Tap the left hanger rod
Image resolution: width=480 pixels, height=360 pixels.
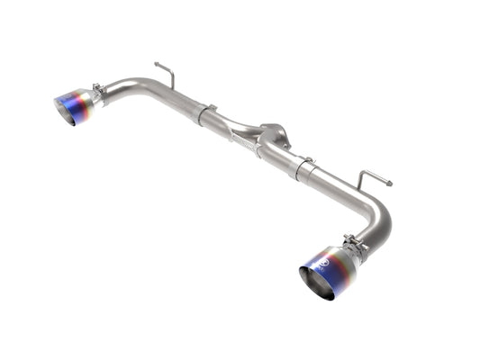166,76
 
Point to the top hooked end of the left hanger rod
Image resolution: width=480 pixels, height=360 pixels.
158,64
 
